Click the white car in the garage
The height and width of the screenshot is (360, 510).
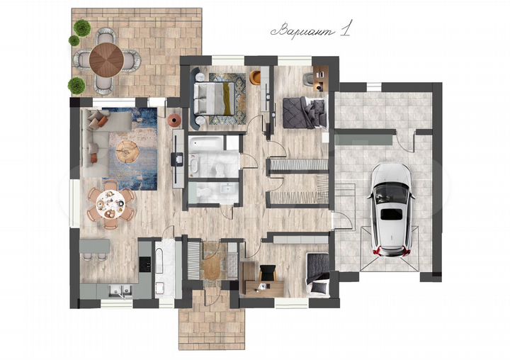(391, 210)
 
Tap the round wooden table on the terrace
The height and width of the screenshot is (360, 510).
(106, 60)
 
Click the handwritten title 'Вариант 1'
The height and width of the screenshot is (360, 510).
(311, 30)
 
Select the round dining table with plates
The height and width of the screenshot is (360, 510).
(110, 204)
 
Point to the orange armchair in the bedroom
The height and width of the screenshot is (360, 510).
(255, 77)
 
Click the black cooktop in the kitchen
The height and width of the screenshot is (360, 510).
(144, 264)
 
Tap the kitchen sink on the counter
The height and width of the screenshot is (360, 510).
(120, 291)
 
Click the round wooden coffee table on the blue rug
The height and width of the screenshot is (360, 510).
(127, 152)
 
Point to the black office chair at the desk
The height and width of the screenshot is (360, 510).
(268, 273)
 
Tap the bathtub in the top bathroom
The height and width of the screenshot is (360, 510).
(205, 143)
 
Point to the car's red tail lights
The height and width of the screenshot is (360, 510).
(391, 251)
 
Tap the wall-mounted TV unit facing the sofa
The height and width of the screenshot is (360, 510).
(178, 159)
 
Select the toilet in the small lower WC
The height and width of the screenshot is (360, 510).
(200, 193)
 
